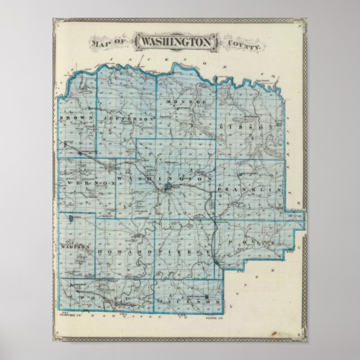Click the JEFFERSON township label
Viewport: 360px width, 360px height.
pyautogui.click(x=128, y=119)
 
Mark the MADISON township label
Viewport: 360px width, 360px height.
pyautogui.click(x=73, y=246)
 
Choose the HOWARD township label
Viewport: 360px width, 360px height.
pyautogui.click(x=117, y=253)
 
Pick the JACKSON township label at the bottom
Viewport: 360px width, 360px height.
pyautogui.click(x=188, y=302)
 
